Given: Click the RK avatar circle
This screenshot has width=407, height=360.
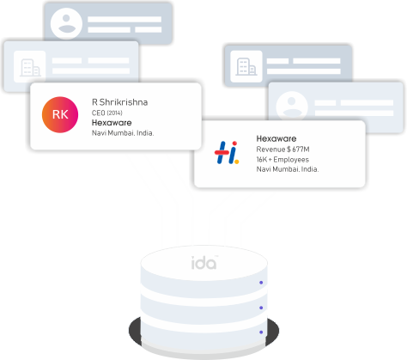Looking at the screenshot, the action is [60, 114].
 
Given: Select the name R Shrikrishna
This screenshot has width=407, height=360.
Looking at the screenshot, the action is [119, 102].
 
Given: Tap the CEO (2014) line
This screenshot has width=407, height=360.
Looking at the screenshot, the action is [107, 113].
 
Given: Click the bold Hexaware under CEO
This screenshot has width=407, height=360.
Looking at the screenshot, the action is [112, 123].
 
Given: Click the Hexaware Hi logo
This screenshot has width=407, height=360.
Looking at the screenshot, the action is [227, 152].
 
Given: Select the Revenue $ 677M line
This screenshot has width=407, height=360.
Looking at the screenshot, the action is [282, 149].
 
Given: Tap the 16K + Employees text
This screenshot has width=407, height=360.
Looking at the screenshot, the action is [282, 160].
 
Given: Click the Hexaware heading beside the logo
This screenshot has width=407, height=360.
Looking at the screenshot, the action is [276, 139].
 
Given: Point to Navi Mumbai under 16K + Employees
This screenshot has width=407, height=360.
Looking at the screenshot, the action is [288, 169].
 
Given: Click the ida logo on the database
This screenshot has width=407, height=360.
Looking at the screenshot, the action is [204, 263].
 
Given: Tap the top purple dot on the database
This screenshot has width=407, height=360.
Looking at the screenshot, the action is [261, 283].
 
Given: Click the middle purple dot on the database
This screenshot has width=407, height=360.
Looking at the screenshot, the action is [261, 308].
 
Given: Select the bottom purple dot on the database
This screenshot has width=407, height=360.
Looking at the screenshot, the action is [261, 333].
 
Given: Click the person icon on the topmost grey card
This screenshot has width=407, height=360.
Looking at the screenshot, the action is [66, 23].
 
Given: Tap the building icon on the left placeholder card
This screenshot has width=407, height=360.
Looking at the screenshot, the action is [30, 67].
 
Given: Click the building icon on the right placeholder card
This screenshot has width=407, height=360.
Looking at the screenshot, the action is [246, 66].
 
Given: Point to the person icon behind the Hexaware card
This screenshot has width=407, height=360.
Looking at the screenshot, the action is [292, 106].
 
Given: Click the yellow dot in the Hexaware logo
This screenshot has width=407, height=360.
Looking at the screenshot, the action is [236, 162].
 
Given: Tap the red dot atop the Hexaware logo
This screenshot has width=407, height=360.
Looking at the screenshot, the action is [234, 143].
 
